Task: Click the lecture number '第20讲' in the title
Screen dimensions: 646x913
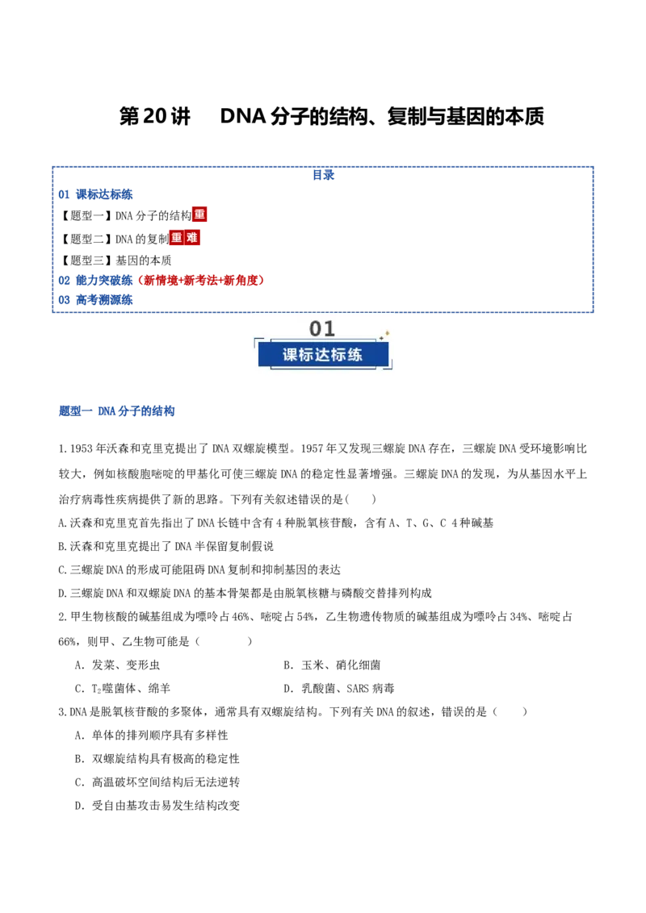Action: tap(154, 116)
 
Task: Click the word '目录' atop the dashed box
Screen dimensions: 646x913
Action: tap(323, 175)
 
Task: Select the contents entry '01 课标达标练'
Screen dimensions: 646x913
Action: tap(95, 194)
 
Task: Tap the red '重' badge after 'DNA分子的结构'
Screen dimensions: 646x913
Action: tap(199, 215)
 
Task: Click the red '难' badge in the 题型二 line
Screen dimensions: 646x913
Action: tap(192, 238)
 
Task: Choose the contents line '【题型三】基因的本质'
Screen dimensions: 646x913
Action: tap(115, 261)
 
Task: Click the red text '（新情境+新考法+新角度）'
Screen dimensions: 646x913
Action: tap(200, 280)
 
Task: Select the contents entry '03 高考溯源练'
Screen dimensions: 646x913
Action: tap(95, 300)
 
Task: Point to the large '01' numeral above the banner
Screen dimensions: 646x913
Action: tap(322, 329)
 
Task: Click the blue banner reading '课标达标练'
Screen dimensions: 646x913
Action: tap(323, 355)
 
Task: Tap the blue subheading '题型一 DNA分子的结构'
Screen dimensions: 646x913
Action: tap(116, 411)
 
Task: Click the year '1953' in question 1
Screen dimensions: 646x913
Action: tap(82, 448)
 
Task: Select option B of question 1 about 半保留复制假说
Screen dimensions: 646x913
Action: tap(166, 546)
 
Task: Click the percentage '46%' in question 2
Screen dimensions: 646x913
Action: tap(241, 617)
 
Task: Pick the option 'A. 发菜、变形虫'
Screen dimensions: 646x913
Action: tap(117, 665)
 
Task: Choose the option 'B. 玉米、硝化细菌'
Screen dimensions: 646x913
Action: tap(333, 665)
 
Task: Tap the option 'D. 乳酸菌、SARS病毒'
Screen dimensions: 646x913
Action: tap(339, 688)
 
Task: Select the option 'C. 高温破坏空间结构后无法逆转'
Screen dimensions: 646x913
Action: tap(157, 782)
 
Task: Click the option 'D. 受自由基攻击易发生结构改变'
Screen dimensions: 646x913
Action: tap(157, 805)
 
